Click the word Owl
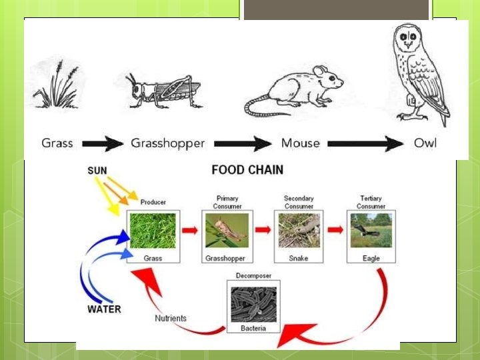pos(425,143)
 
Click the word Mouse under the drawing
pos(300,143)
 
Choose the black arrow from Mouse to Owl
pos(365,143)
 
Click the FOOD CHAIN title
pos(247,170)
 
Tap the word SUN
pos(97,171)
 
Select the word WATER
pos(105,309)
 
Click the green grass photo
pos(154,230)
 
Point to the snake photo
pos(299,230)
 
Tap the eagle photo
pos(371,230)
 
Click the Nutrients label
pos(171,319)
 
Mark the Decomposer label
pos(253,275)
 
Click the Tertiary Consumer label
pos(371,202)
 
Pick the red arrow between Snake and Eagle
pos(335,231)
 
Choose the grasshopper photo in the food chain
pos(227,230)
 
